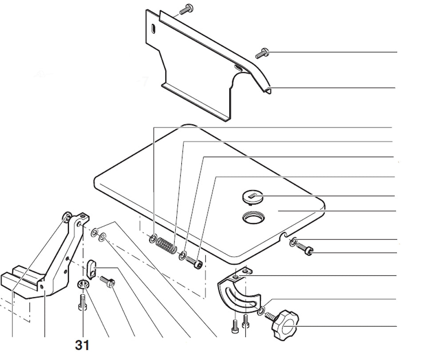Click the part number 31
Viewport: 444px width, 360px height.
coord(82,345)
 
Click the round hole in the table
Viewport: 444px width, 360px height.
coord(254,218)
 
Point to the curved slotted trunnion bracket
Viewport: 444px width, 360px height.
coord(239,291)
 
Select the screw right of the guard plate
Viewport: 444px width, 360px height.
coord(262,53)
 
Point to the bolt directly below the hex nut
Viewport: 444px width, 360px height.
coord(82,303)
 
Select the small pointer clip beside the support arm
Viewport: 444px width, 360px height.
coord(91,268)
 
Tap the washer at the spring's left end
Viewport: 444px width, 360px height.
coord(153,238)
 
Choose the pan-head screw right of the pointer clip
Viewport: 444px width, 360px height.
coord(107,282)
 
